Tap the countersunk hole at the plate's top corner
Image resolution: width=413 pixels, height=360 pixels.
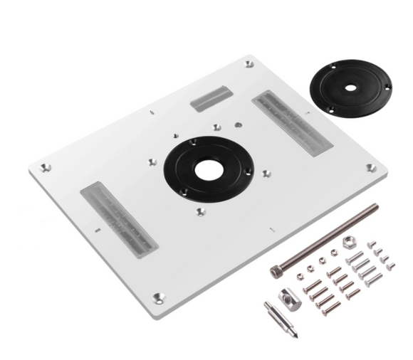coord(249,64)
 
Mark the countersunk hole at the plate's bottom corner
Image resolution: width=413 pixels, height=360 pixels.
coord(160,292)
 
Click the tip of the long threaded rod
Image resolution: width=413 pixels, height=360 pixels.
coord(375,207)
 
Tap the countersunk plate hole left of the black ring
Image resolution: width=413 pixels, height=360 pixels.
coord(151,162)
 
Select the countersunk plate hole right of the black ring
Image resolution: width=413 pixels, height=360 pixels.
coord(266,173)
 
